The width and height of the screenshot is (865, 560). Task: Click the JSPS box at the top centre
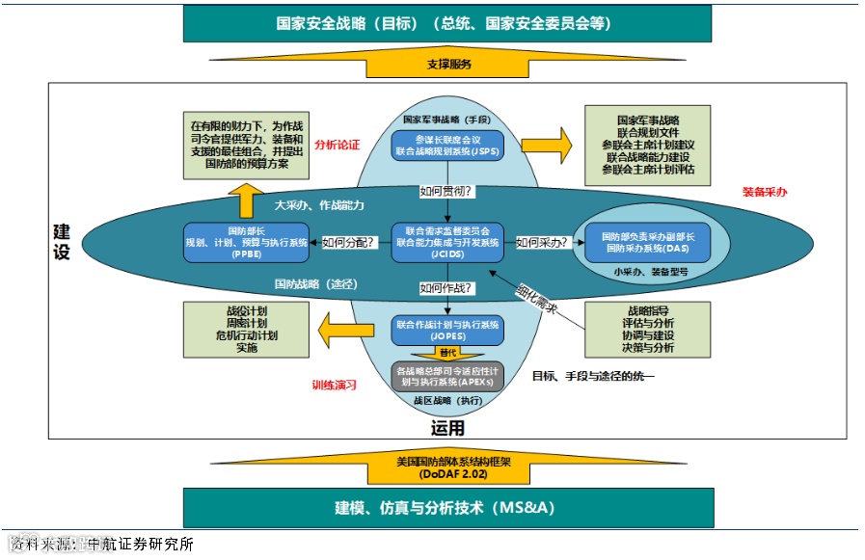pyautogui.click(x=447, y=146)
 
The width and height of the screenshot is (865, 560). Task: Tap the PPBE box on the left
pyautogui.click(x=247, y=241)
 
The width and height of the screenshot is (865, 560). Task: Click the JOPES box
pyautogui.click(x=447, y=330)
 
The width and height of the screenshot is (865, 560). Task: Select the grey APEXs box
pyautogui.click(x=447, y=376)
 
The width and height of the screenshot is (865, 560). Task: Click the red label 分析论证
pyautogui.click(x=337, y=145)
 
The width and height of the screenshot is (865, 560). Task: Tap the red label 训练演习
pyautogui.click(x=335, y=384)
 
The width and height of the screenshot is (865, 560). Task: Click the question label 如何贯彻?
pyautogui.click(x=446, y=191)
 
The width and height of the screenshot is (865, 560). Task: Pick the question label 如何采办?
pyautogui.click(x=541, y=242)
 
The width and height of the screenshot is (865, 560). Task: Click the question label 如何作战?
pyautogui.click(x=446, y=287)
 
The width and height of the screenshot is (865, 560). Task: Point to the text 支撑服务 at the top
pyautogui.click(x=448, y=65)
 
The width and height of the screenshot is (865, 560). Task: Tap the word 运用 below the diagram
pyautogui.click(x=447, y=428)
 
